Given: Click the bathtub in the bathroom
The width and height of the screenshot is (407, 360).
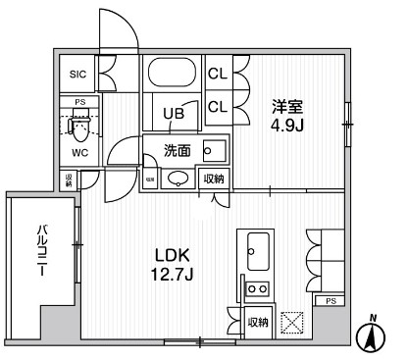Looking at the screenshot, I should pyautogui.click(x=174, y=77).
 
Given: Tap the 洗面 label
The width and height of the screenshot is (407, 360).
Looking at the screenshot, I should pyautogui.click(x=177, y=150).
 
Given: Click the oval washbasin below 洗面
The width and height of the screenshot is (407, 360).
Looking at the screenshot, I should pyautogui.click(x=178, y=179).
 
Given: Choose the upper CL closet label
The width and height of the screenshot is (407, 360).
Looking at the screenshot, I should pyautogui.click(x=218, y=73).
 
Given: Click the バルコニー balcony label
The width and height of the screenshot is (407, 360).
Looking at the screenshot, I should pyautogui.click(x=42, y=252).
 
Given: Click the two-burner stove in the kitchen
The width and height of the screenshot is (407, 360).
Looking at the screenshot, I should pyautogui.click(x=257, y=288).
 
